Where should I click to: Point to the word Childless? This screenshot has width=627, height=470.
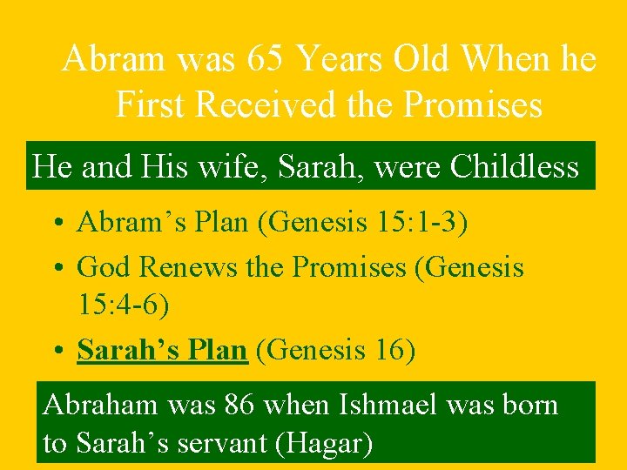click(514, 166)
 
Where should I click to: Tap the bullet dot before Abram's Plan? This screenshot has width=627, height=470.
click(57, 224)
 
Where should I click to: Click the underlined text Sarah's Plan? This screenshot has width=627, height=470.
click(162, 350)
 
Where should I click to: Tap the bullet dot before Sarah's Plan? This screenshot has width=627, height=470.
click(57, 352)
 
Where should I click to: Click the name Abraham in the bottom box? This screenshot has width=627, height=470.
click(98, 405)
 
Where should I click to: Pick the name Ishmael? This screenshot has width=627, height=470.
click(395, 405)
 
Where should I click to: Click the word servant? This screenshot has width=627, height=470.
click(222, 444)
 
